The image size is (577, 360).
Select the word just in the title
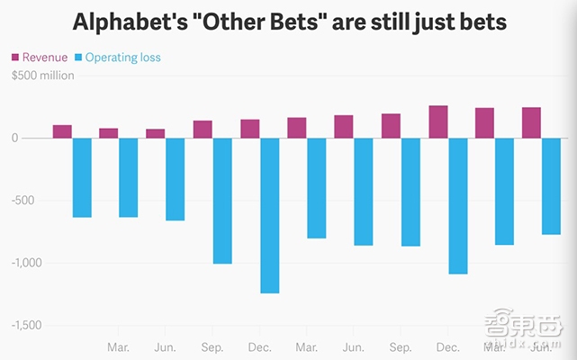click(x=456, y=21)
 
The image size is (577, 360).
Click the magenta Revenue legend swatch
click(x=15, y=58)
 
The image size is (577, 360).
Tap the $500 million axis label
click(x=43, y=76)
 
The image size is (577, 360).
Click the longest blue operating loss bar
click(x=269, y=215)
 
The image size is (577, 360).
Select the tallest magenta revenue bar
click(x=438, y=122)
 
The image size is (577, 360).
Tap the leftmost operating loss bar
click(x=82, y=177)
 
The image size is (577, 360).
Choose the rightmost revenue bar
click(x=532, y=123)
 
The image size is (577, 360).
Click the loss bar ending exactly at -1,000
click(x=222, y=201)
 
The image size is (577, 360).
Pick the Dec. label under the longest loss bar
click(x=259, y=347)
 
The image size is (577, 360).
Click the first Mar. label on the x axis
click(x=118, y=347)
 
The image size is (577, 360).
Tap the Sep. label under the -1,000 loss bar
click(x=212, y=347)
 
